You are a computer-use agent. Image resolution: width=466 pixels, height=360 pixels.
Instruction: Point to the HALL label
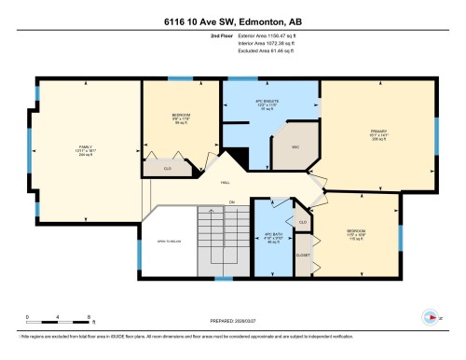click(225, 184)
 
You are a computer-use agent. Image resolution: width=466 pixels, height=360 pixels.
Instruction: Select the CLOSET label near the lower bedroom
click(303, 253)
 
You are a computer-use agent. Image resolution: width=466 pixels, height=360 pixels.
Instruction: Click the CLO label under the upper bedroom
click(168, 169)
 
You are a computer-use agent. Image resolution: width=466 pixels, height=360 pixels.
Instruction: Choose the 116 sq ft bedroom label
click(354, 233)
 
